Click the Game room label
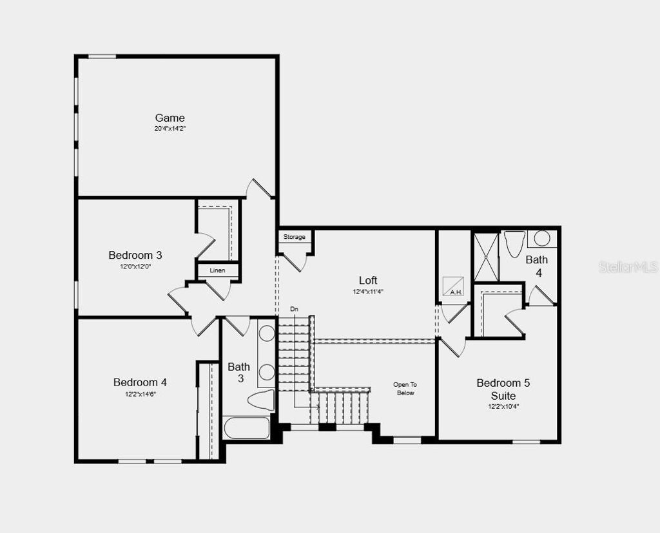click(x=170, y=118)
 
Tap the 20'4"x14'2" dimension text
click(x=170, y=129)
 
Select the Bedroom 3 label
click(x=135, y=256)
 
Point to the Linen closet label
click(x=217, y=270)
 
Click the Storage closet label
click(x=295, y=238)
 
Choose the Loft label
click(x=368, y=281)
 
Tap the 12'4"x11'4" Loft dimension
click(x=368, y=292)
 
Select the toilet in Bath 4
click(x=514, y=244)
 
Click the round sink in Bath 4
click(x=542, y=238)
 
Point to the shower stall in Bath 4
click(x=486, y=256)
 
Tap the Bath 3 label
click(x=239, y=373)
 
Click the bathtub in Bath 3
click(x=246, y=428)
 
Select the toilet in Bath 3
click(x=261, y=400)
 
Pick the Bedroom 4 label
click(x=141, y=382)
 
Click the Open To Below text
click(x=405, y=389)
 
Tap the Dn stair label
click(x=295, y=310)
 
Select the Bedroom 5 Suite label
click(x=503, y=389)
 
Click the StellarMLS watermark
click(x=628, y=266)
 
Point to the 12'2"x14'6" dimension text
click(x=141, y=394)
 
